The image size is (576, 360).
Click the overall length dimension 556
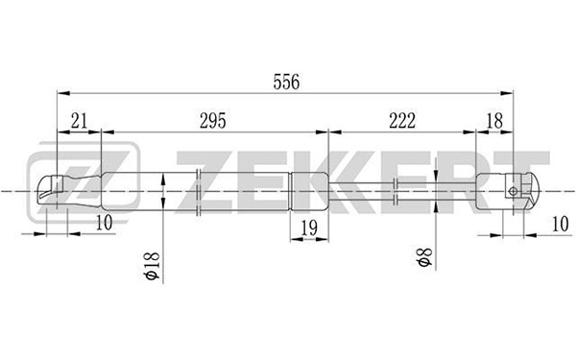pos(286,82)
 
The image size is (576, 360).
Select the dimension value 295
pos(213,121)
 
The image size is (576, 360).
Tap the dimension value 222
pos(402,121)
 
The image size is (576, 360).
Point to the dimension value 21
pos(80,121)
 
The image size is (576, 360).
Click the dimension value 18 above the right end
pos(494,121)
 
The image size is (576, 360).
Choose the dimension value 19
pos(309,228)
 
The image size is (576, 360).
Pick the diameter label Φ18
pos(153,266)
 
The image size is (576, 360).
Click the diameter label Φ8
pos(424,256)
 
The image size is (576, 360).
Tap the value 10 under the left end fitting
pos(104,223)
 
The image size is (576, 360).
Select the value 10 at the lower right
pos(561,224)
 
